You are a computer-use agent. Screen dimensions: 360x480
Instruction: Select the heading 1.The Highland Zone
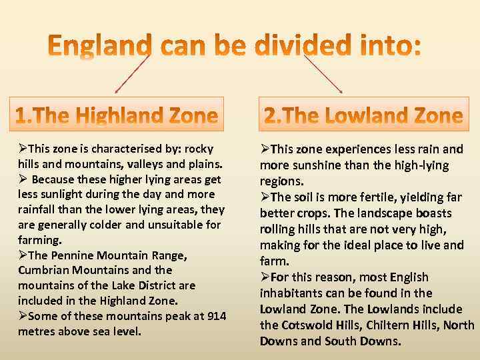click(x=117, y=116)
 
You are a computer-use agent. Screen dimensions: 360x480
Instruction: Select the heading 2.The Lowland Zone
click(x=363, y=116)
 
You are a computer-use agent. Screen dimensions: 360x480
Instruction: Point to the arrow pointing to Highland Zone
click(x=132, y=73)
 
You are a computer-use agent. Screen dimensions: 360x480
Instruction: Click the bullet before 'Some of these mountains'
click(x=23, y=316)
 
